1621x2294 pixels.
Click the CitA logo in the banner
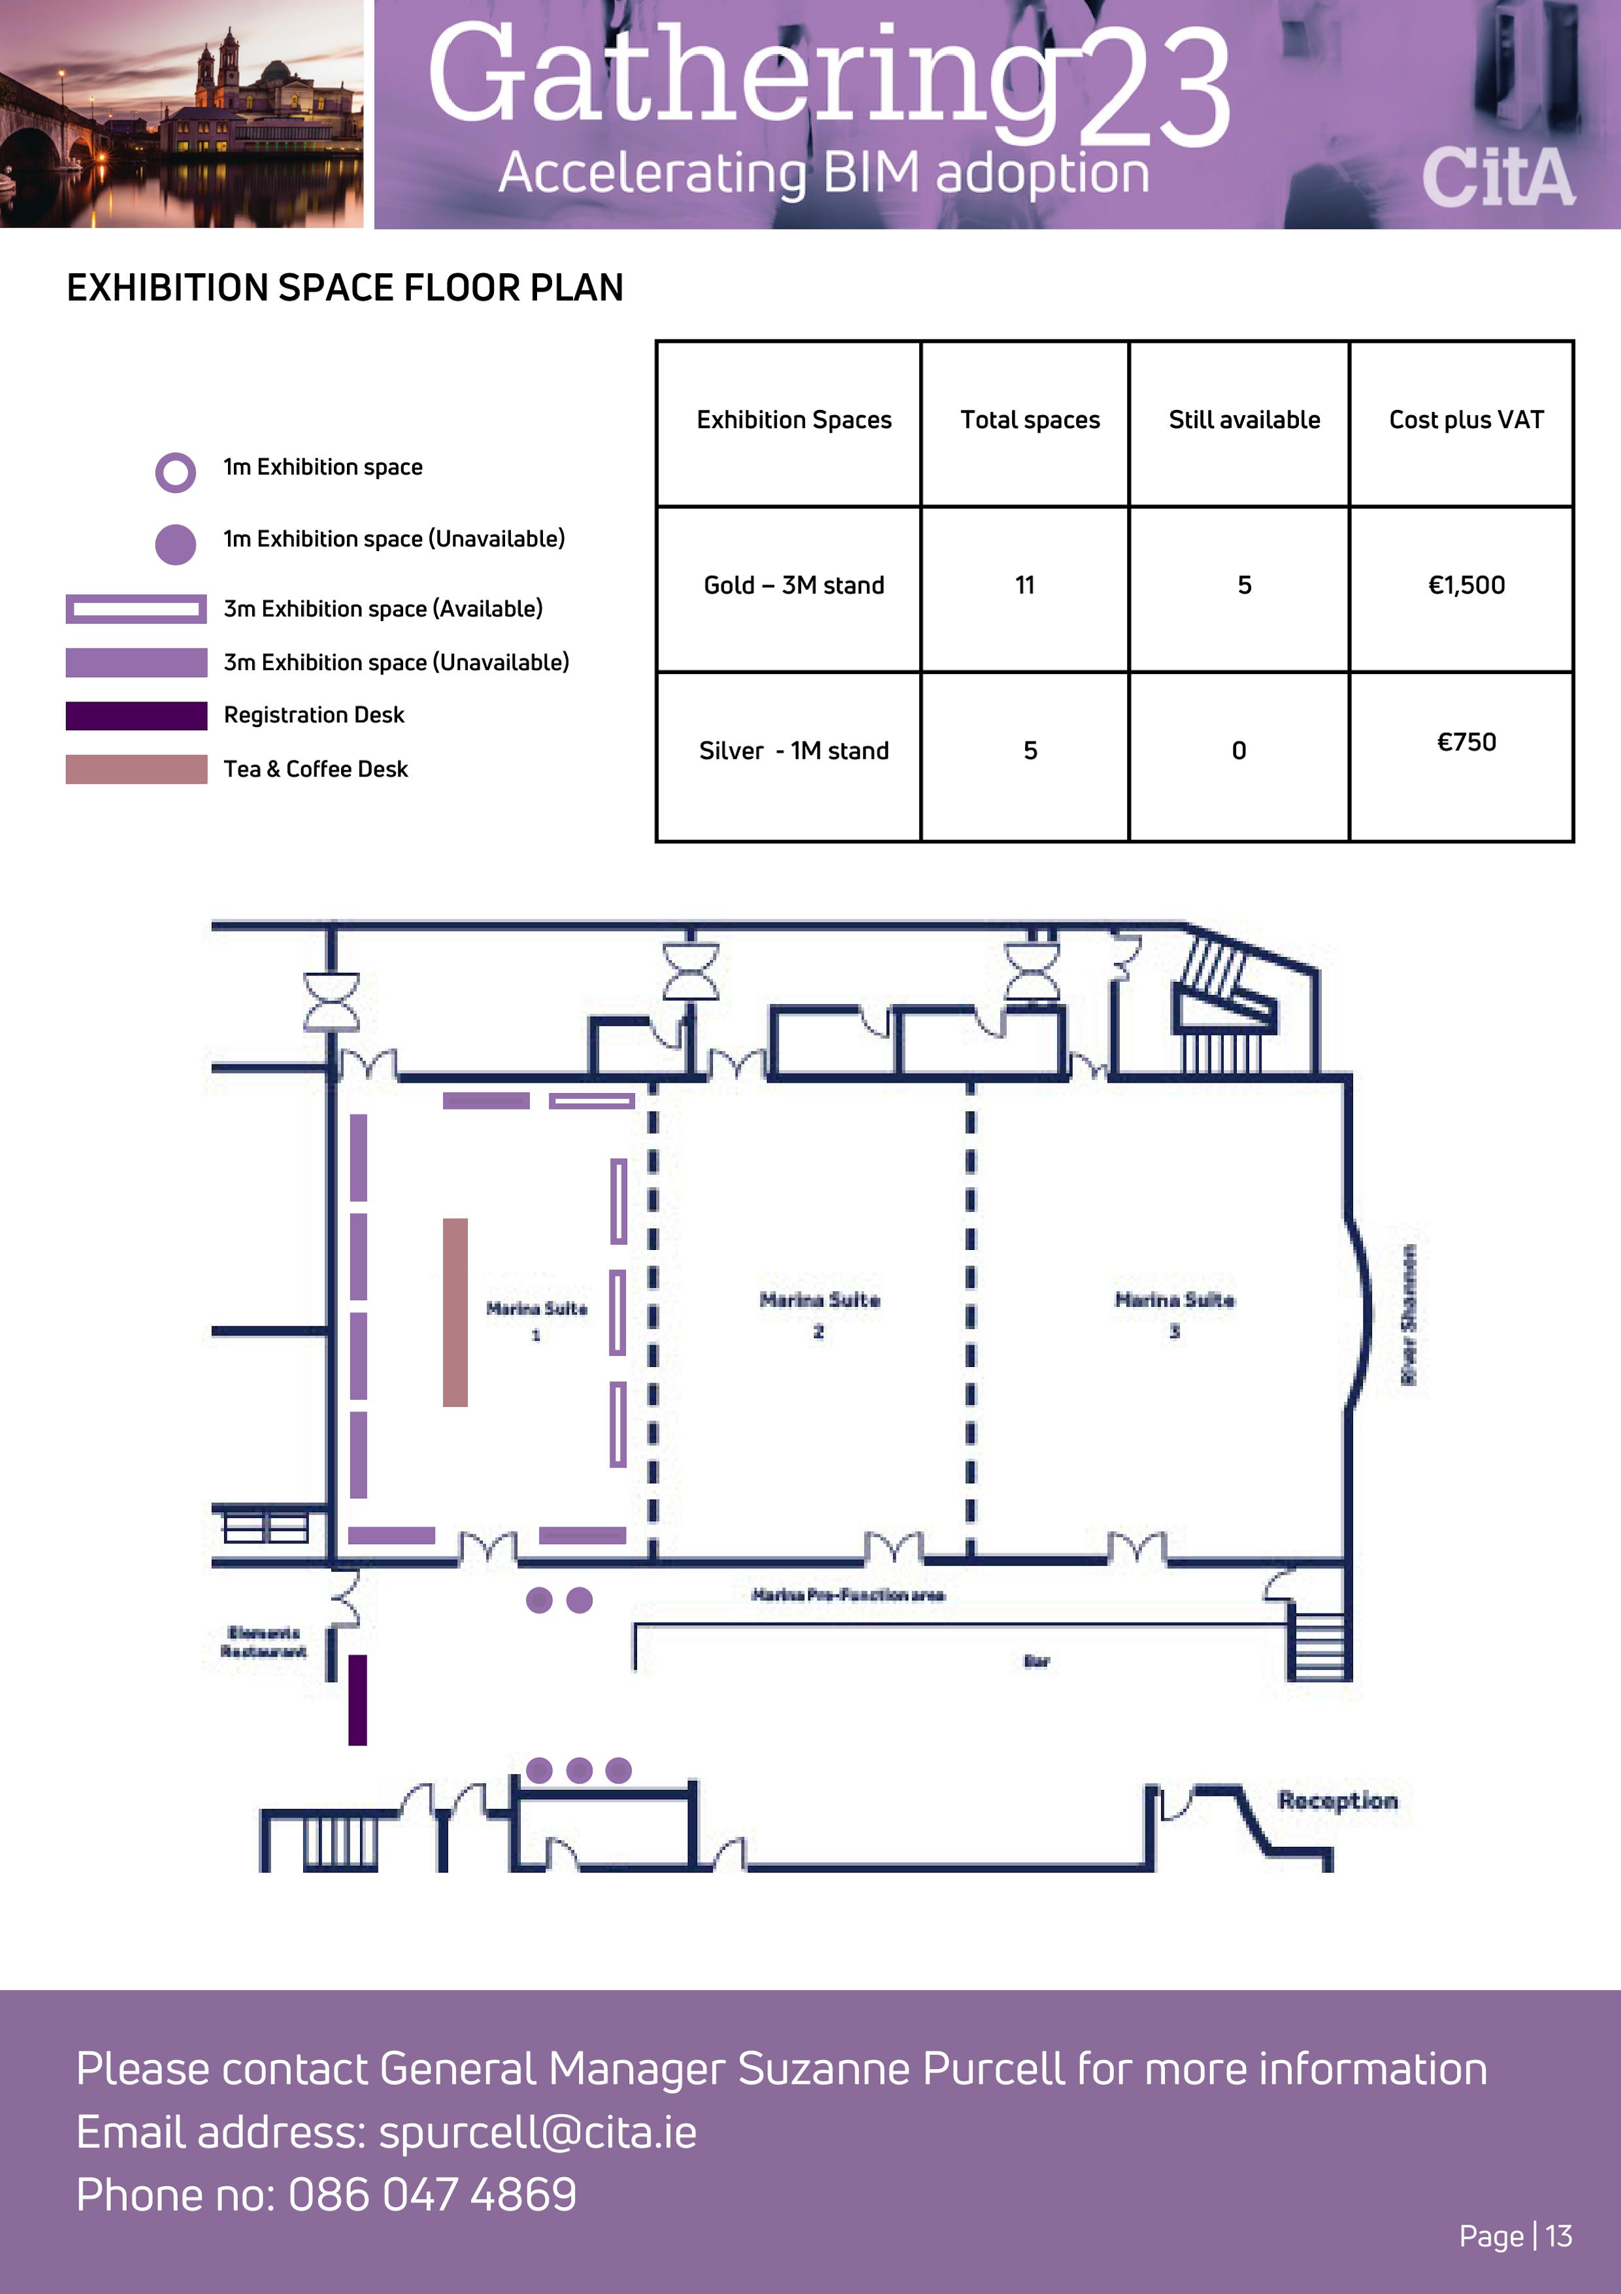[x=1498, y=178]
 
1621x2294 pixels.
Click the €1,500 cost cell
[x=1465, y=586]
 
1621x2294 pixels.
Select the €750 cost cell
[x=1465, y=743]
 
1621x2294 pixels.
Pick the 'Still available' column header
[x=1243, y=420]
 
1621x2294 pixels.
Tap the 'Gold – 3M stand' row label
[x=794, y=586]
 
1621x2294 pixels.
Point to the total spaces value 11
[x=1024, y=586]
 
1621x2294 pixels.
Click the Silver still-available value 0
[x=1239, y=751]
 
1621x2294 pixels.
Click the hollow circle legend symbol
[x=176, y=473]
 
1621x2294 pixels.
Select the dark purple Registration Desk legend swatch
[x=137, y=715]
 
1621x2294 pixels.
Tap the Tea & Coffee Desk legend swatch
[x=137, y=769]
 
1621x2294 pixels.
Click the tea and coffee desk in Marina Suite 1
[x=455, y=1312]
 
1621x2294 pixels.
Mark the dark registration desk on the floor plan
[x=357, y=1700]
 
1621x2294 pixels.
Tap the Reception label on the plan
[x=1337, y=1800]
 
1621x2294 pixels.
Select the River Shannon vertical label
[x=1408, y=1315]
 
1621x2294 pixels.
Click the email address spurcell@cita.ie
[x=537, y=2132]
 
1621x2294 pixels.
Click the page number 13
[x=1558, y=2236]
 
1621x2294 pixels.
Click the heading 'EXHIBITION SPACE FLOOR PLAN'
[x=344, y=288]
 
